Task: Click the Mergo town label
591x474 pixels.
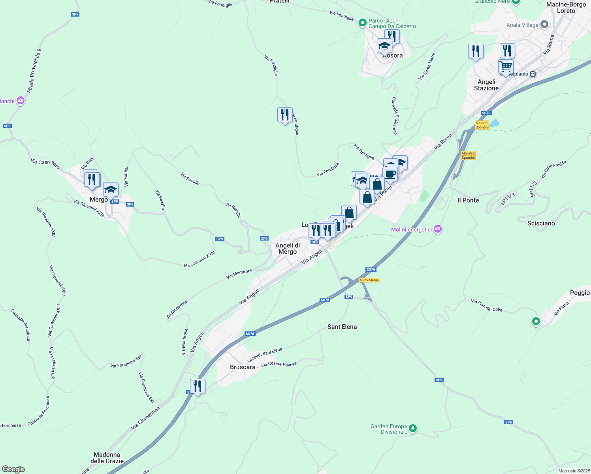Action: pos(98,199)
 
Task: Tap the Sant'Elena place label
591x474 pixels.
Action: pos(342,327)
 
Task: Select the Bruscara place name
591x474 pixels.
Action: pos(243,367)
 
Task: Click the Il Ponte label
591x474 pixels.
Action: pos(468,200)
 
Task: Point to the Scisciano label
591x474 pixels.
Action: pos(541,223)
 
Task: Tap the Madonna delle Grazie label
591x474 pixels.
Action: pos(107,458)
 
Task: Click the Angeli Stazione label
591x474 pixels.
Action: pos(486,85)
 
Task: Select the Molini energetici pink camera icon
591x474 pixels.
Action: pos(437,229)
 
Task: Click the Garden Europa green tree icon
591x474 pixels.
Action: pos(413,428)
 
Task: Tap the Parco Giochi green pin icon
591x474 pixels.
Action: pos(362,23)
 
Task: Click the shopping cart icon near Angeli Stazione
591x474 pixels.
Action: pos(506,66)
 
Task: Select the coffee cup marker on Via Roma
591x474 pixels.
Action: pos(390,174)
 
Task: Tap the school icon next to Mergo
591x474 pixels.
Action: pos(111,190)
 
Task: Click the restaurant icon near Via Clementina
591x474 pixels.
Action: pos(198,386)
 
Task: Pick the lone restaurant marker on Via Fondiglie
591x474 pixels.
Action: pos(285,115)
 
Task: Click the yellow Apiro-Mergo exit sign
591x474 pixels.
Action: pos(369,280)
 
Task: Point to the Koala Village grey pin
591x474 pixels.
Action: pos(544,24)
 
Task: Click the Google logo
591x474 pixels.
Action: pos(13,469)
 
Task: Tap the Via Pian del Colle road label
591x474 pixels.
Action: pos(486,306)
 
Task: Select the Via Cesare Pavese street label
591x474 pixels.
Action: pos(279,364)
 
